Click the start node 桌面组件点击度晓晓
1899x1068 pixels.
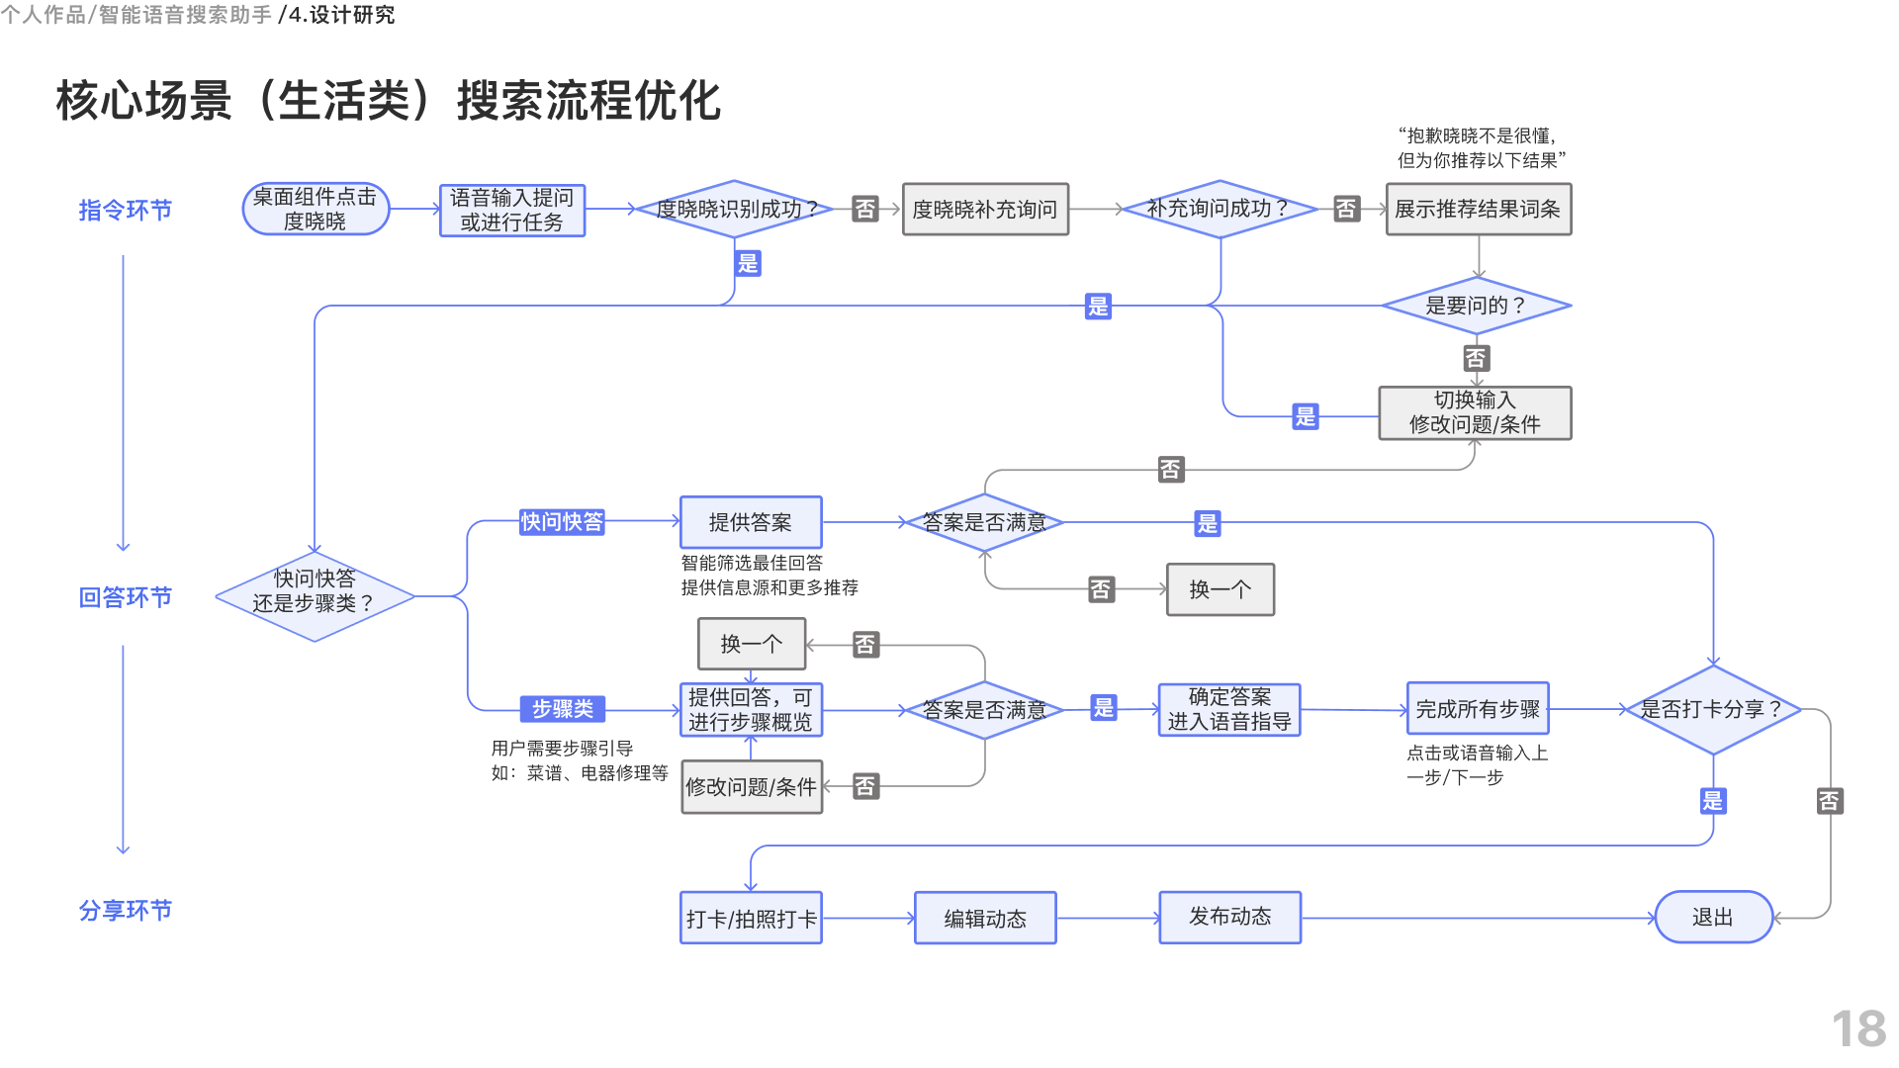click(x=316, y=210)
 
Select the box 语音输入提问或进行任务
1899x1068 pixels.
click(x=511, y=210)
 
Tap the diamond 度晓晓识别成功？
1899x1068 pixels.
click(x=734, y=209)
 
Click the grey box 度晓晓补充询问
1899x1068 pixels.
click(x=985, y=210)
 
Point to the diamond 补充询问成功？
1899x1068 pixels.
click(x=1220, y=209)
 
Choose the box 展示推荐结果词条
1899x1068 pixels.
click(x=1478, y=210)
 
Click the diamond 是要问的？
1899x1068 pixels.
click(x=1476, y=306)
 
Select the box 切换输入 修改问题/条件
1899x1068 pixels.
click(x=1475, y=412)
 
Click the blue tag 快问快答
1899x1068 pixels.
click(x=562, y=522)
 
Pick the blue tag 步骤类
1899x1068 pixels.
click(x=562, y=709)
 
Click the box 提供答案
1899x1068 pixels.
click(x=751, y=522)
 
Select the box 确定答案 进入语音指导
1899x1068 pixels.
click(x=1229, y=710)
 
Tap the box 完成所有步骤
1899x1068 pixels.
click(x=1478, y=709)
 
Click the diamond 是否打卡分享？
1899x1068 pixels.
click(x=1712, y=709)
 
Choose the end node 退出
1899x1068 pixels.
click(x=1712, y=917)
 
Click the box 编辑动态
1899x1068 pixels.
click(x=985, y=918)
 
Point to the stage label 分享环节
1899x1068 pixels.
click(x=126, y=910)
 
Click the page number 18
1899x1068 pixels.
click(x=1858, y=1028)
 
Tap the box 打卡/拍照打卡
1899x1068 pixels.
click(x=751, y=918)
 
